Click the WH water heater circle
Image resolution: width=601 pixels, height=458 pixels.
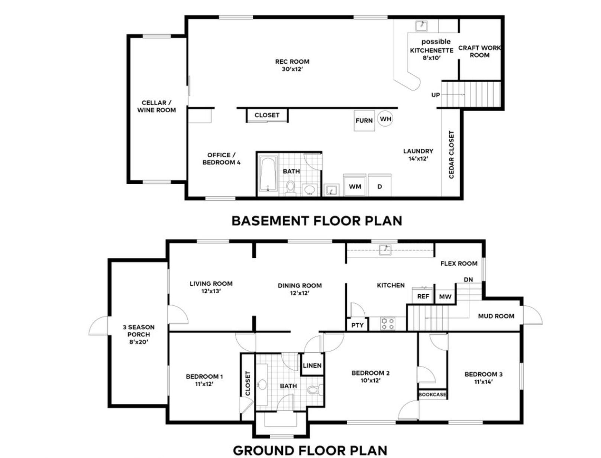tap(385, 119)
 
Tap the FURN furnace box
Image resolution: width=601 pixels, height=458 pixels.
tap(364, 121)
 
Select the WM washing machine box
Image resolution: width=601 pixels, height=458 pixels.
tap(355, 186)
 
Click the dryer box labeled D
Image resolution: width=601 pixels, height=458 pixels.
tap(379, 186)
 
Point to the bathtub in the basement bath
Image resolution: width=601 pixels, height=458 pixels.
tap(268, 174)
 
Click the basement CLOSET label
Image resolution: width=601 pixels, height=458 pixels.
tap(267, 115)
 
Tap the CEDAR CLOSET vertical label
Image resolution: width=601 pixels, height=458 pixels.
tap(452, 154)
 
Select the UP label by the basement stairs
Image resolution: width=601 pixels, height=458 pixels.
tap(436, 95)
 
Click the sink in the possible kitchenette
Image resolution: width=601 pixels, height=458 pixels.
tap(421, 26)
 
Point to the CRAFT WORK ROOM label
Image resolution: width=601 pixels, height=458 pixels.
tap(479, 51)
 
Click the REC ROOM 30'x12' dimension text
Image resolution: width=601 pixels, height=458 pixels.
tap(292, 69)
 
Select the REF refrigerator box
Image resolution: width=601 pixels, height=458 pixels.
tap(423, 296)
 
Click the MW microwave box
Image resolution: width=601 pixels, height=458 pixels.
tap(445, 297)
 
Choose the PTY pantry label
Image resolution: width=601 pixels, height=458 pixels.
tap(358, 325)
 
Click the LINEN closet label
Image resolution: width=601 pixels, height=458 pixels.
tap(312, 365)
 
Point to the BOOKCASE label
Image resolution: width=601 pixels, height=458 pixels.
tap(432, 394)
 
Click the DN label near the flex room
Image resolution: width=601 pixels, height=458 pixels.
tap(468, 279)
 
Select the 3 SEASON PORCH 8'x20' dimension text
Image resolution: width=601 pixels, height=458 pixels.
tap(139, 342)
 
